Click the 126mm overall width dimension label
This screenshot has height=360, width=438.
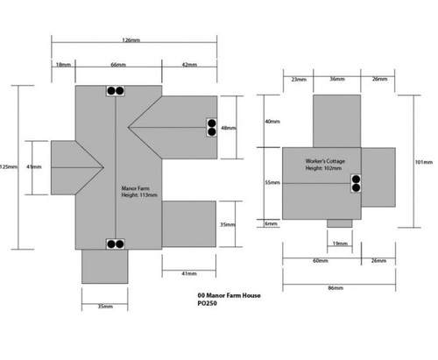click(x=131, y=40)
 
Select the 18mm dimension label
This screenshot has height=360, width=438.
click(x=63, y=65)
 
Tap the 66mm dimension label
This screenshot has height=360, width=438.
click(x=118, y=65)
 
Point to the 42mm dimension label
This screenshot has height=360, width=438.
click(x=189, y=65)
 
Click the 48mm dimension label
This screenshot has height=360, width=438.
click(x=229, y=128)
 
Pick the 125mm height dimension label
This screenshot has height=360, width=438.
click(x=9, y=167)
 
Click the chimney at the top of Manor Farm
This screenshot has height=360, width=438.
click(x=116, y=91)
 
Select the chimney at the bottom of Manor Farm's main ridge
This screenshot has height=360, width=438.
click(x=116, y=244)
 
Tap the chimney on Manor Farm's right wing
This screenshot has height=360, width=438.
click(x=212, y=128)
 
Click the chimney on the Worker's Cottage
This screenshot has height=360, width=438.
click(x=356, y=183)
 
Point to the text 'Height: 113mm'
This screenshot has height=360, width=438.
click(x=139, y=195)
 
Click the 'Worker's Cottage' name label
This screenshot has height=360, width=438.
click(x=325, y=161)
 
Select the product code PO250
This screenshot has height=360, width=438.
click(x=207, y=303)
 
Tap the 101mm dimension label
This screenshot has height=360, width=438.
click(x=424, y=162)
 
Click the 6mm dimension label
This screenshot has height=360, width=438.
click(x=271, y=223)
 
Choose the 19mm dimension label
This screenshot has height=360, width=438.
click(x=340, y=244)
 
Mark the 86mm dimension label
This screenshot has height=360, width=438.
click(x=336, y=288)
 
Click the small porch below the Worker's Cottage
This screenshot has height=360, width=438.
click(x=340, y=223)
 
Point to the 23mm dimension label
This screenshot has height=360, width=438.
click(x=299, y=79)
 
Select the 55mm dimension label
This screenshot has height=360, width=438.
click(x=272, y=183)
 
